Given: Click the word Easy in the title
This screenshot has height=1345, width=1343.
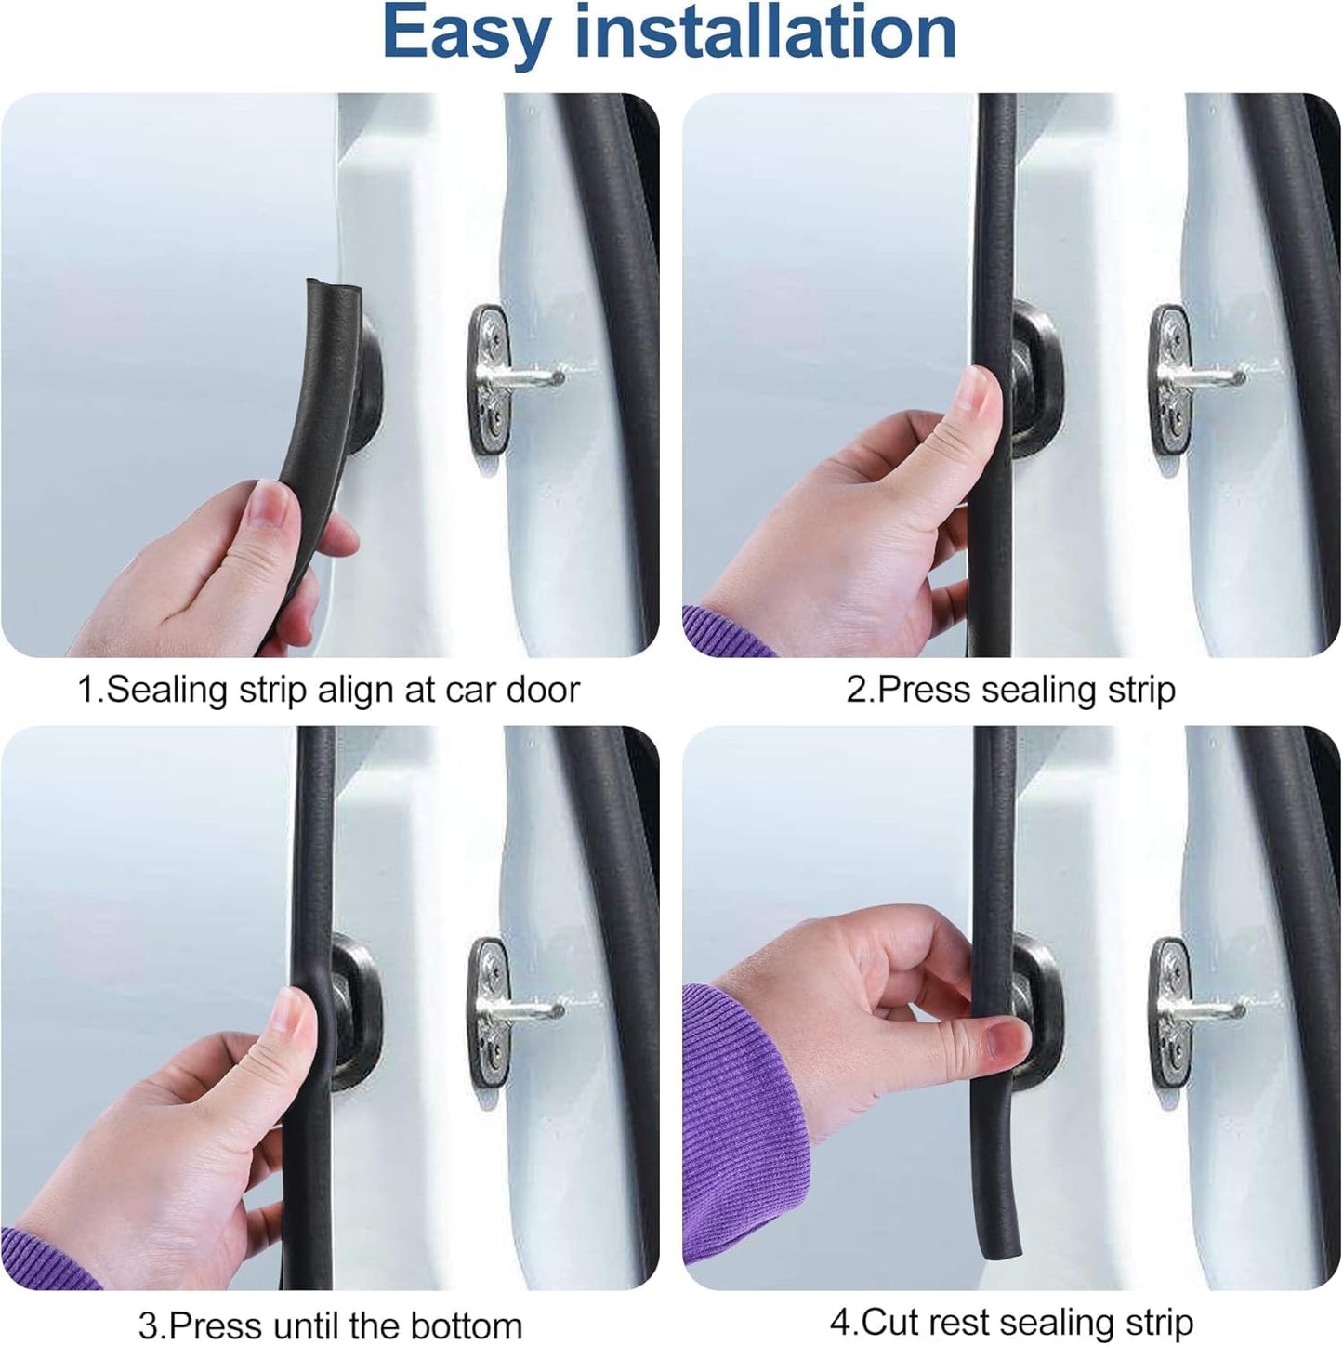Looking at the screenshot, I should [x=466, y=33].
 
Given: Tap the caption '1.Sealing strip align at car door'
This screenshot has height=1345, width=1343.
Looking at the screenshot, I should [x=328, y=690].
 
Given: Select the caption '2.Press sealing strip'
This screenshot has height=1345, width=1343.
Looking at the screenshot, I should [x=1010, y=690].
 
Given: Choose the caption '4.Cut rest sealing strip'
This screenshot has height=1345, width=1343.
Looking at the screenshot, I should [x=1011, y=1321].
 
